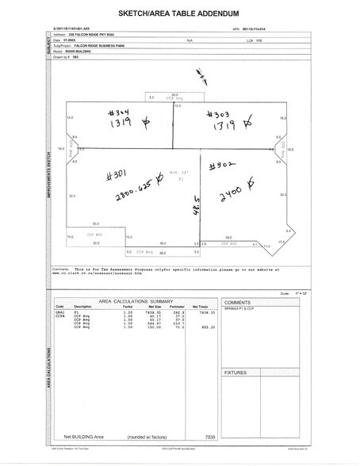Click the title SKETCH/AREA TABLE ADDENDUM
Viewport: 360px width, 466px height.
tap(179, 15)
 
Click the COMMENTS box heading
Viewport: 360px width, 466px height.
tap(237, 303)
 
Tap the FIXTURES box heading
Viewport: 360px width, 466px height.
tap(236, 370)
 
